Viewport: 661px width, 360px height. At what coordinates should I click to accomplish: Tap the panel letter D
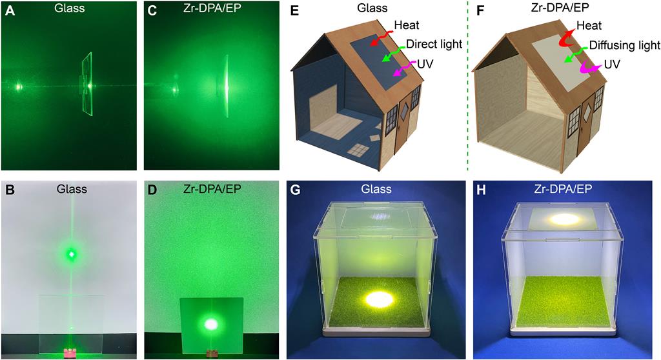tap(151, 190)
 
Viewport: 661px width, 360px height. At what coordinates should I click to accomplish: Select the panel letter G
tap(295, 190)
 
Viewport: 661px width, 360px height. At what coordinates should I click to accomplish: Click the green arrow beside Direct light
tap(392, 54)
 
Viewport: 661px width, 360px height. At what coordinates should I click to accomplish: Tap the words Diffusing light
tap(624, 45)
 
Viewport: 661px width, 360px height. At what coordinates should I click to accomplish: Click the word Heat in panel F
tap(589, 26)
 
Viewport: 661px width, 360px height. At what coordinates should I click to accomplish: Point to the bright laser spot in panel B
tap(71, 254)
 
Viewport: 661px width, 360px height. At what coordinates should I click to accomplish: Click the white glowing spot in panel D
tap(211, 324)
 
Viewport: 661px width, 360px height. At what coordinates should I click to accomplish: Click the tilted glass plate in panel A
tap(88, 83)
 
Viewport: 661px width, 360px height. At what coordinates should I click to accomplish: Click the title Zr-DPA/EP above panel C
tap(212, 8)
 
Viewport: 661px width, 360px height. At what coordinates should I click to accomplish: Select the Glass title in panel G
tap(376, 189)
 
